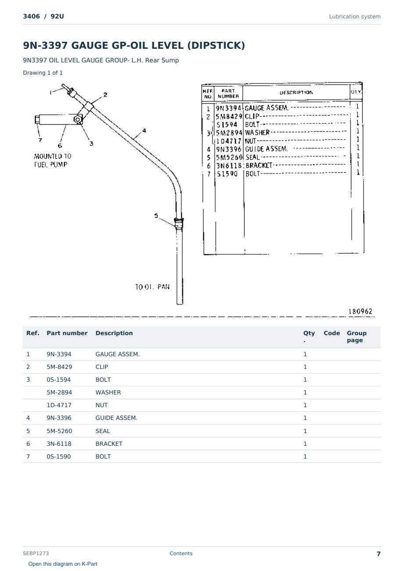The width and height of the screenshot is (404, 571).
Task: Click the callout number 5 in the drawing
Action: click(156, 215)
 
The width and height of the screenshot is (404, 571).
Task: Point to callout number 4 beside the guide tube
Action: click(144, 130)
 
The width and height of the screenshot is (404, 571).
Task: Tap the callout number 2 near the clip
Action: click(105, 94)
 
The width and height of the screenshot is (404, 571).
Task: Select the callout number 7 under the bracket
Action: click(40, 140)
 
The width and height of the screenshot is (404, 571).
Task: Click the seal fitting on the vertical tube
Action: click(179, 222)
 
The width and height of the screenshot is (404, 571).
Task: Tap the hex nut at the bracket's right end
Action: click(77, 119)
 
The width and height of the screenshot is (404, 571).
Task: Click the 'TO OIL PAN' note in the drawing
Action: click(152, 287)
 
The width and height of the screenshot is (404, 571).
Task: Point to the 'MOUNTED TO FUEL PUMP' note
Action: click(53, 160)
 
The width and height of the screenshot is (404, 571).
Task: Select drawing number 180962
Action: click(361, 311)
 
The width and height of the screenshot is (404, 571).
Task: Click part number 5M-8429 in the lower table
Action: click(59, 367)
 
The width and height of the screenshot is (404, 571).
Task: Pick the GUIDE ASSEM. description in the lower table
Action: click(116, 418)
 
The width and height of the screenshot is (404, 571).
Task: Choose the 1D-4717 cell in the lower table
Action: click(59, 405)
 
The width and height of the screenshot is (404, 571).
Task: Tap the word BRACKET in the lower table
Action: click(109, 444)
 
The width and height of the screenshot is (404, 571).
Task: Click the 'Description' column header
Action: click(114, 333)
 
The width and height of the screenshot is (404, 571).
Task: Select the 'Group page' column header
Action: click(357, 336)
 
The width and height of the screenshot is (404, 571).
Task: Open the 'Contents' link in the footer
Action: click(181, 553)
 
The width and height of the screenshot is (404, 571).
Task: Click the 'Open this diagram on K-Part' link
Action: click(63, 564)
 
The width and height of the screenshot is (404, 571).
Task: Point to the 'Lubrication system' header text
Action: click(354, 17)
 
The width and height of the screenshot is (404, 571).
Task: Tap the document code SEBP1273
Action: click(36, 553)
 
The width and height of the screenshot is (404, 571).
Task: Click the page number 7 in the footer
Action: click(379, 553)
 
